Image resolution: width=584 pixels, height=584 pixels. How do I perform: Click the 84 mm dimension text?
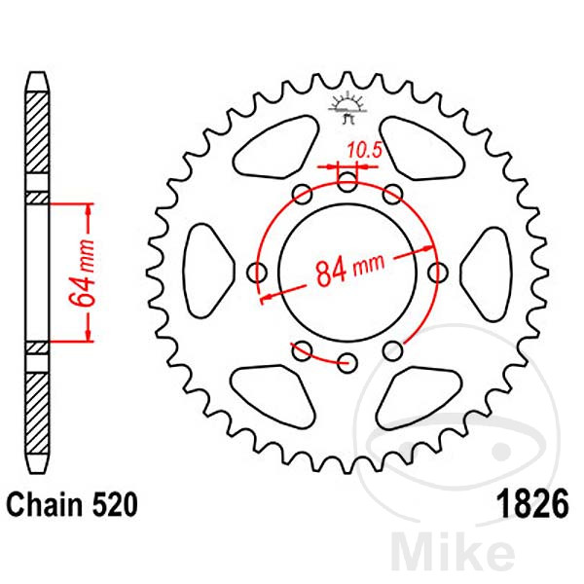coord(349,271)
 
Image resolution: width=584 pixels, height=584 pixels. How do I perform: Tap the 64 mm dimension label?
coord(83,274)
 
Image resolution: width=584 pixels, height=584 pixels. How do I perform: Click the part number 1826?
coord(532,503)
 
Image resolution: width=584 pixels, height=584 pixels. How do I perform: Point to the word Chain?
coord(45,504)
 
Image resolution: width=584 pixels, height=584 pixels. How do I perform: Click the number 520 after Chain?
coord(115,504)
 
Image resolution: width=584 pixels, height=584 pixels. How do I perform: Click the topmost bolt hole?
coord(347,182)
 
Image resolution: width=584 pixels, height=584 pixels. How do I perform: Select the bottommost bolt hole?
coord(347,363)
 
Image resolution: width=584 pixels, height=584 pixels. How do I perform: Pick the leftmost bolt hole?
coord(257,273)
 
